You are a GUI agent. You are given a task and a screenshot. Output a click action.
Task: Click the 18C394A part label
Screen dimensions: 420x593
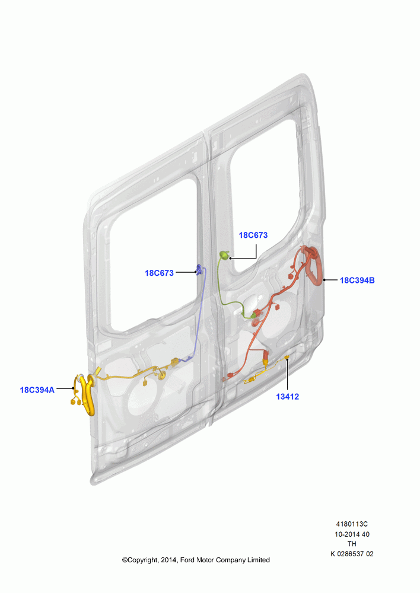click(x=37, y=390)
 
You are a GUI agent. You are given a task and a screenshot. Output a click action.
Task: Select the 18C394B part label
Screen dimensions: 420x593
click(x=357, y=280)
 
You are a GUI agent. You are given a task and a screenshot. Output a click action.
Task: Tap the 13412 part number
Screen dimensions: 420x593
click(x=288, y=397)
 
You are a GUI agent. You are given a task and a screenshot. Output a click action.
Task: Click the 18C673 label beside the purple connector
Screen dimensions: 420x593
click(x=160, y=273)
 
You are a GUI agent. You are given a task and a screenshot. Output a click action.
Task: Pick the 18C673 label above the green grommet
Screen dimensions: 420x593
click(x=253, y=235)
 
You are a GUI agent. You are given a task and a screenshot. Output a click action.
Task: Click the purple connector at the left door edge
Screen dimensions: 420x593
click(x=200, y=270)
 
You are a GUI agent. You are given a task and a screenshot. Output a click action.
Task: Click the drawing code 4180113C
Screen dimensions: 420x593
click(x=352, y=524)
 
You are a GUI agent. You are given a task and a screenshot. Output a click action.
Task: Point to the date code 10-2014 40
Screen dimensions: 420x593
click(x=352, y=534)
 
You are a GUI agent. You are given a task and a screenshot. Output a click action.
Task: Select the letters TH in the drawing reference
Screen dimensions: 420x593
click(x=352, y=544)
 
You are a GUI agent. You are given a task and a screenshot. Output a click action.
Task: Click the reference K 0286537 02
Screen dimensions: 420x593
click(x=352, y=554)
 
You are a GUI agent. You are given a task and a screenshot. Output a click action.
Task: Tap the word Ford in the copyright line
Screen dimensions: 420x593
click(x=187, y=560)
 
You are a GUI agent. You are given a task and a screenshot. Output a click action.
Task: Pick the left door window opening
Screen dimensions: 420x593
click(x=151, y=257)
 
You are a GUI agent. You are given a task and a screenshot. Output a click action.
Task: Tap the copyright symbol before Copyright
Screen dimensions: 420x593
click(x=125, y=560)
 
